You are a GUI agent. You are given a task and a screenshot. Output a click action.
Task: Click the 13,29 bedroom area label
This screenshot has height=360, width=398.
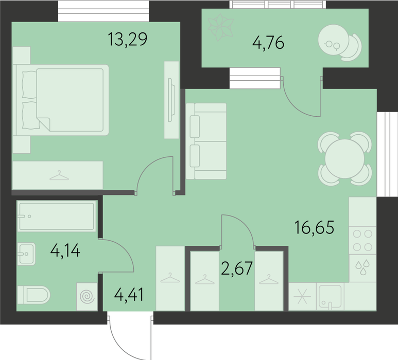127,39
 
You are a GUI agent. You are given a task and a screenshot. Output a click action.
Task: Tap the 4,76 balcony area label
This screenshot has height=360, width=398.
268,43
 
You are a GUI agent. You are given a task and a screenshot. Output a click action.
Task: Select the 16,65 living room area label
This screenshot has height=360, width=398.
314,227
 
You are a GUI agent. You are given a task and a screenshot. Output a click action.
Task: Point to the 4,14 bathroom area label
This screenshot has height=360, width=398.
65,250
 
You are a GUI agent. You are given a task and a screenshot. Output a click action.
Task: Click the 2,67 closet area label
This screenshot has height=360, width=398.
237,268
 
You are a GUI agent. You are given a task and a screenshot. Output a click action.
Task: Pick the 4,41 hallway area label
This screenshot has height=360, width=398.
129,294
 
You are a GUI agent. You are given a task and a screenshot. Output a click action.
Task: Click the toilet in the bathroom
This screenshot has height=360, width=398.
34,295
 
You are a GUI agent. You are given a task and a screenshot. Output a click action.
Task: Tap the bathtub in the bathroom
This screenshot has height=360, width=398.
57,216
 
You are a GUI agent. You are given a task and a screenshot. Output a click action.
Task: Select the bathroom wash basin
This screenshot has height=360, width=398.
26,254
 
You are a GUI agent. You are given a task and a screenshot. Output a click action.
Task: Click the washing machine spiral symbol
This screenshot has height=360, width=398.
87,297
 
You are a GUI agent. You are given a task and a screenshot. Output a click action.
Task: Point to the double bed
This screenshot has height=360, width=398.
61,100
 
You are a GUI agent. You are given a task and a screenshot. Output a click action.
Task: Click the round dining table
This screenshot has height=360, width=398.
344,159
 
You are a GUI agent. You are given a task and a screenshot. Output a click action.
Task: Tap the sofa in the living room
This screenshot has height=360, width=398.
206,141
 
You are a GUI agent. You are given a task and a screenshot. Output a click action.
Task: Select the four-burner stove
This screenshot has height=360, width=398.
362,240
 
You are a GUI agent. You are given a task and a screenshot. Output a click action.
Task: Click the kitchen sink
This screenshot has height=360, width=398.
330,296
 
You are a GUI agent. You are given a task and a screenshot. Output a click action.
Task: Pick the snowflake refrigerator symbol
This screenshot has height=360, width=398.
302,296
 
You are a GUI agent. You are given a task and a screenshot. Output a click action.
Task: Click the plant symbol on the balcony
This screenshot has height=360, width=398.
220,27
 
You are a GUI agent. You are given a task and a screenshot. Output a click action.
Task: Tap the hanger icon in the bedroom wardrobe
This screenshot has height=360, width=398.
59,175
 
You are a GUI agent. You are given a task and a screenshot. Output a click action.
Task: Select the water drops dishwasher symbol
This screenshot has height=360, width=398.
362,267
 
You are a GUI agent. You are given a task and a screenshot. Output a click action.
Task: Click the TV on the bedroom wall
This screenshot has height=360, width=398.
171,100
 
